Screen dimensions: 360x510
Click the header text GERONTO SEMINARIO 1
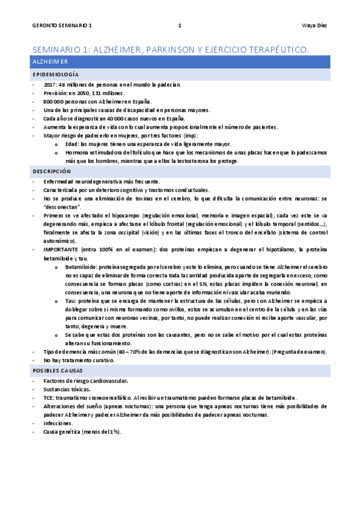pyautogui.click(x=62, y=26)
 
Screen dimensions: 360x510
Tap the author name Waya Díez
pyautogui.click(x=314, y=26)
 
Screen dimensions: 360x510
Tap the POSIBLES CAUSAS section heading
pyautogui.click(x=58, y=371)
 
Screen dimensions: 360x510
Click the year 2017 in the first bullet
pyautogui.click(x=50, y=84)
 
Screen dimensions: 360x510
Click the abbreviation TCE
pyautogui.click(x=49, y=398)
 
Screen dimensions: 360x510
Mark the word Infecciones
pyautogui.click(x=59, y=423)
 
